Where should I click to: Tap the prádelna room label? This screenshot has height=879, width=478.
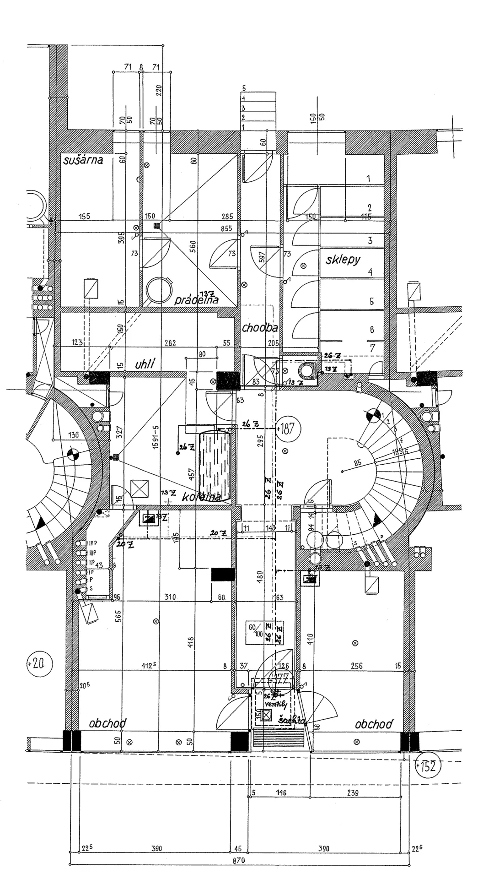click(x=196, y=300)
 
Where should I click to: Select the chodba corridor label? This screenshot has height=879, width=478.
click(x=260, y=327)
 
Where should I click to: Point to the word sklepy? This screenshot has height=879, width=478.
click(x=343, y=260)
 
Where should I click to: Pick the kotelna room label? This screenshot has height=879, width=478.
click(x=201, y=497)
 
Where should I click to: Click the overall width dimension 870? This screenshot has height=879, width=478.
click(x=238, y=861)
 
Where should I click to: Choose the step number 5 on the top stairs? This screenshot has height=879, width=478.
click(x=244, y=88)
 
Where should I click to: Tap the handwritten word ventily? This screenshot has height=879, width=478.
click(x=276, y=705)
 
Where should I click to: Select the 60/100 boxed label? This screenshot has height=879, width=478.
click(x=255, y=630)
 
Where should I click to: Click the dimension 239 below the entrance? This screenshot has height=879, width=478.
click(x=353, y=793)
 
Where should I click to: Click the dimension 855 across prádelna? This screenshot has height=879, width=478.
click(x=226, y=228)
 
